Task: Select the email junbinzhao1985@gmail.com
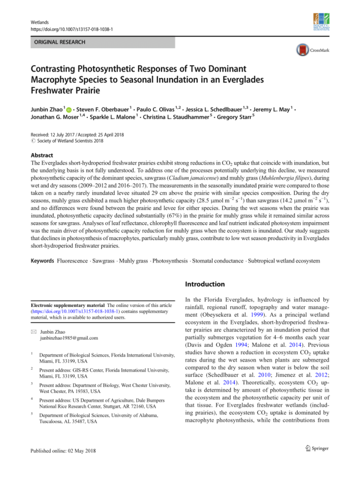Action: [69, 338]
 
